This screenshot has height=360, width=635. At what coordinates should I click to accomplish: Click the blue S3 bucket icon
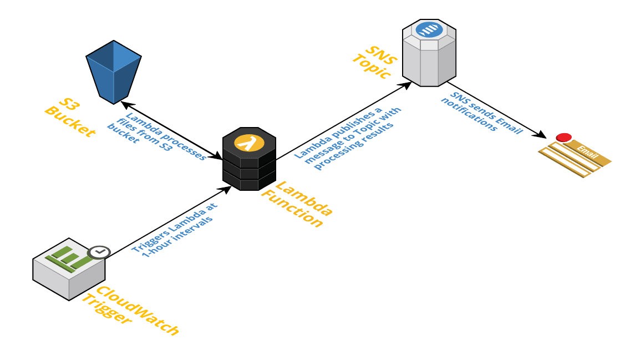tap(114, 71)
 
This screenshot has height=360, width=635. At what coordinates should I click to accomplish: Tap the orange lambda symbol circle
tap(249, 143)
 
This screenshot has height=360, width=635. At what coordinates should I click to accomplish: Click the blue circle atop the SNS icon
tap(429, 29)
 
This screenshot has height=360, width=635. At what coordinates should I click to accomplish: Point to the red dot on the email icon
tap(564, 137)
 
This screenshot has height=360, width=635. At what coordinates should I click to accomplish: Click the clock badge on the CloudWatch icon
tap(99, 252)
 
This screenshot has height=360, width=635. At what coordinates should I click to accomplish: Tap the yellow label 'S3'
tap(69, 105)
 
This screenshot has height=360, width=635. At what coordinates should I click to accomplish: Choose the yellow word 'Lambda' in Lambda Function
tap(304, 199)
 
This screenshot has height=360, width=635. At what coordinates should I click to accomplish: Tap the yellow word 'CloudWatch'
tap(138, 311)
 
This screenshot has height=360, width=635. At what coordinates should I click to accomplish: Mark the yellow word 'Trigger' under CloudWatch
tap(107, 309)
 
